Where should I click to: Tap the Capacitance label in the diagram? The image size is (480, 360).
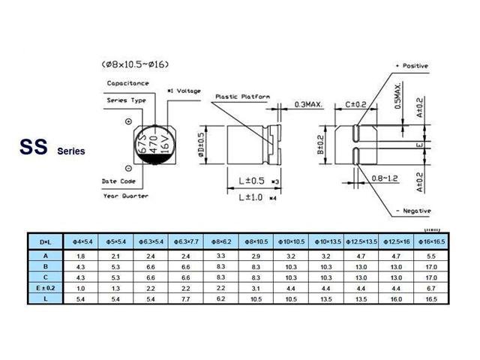(x=127, y=83)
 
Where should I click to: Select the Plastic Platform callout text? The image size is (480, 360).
(x=242, y=97)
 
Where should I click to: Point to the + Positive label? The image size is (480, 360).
(x=412, y=66)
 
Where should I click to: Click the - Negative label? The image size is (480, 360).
(x=412, y=211)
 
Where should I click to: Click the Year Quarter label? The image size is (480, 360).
(x=125, y=195)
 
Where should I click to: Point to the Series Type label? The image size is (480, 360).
(x=125, y=98)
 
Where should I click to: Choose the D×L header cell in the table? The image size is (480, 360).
(x=43, y=241)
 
